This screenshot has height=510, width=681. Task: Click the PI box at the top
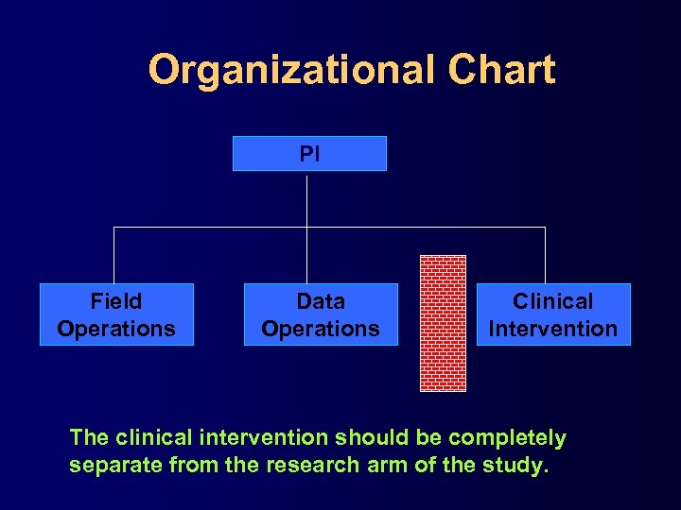pos(309,153)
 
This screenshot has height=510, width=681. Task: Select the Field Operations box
pos(116,314)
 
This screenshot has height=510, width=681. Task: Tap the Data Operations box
pos(321,314)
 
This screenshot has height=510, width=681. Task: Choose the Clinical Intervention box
pos(553,314)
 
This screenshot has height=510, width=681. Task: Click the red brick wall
pos(443,323)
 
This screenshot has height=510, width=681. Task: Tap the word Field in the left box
pos(116,301)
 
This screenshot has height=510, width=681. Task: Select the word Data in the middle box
pos(321,301)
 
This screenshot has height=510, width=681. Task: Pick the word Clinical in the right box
pos(553,301)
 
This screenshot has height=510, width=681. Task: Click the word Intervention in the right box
pos(553,329)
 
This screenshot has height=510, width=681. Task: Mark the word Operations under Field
pos(116,329)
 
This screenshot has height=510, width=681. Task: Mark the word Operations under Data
pos(321,329)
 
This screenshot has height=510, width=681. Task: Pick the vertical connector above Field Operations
pos(114,255)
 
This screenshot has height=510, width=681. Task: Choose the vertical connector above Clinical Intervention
pos(545,255)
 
